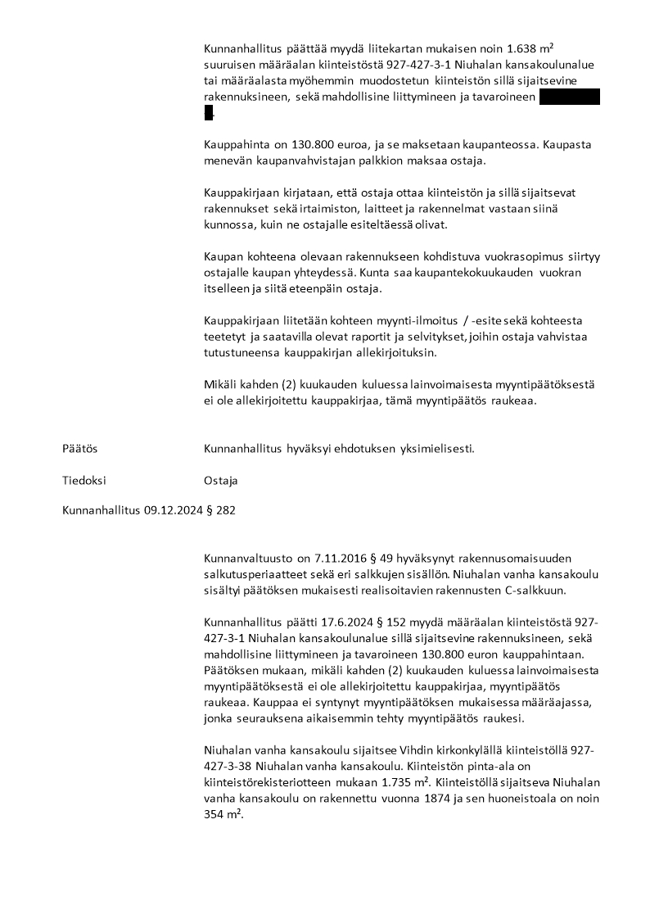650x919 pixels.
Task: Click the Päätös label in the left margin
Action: [x=79, y=448]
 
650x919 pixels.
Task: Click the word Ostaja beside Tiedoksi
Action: [x=220, y=480]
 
